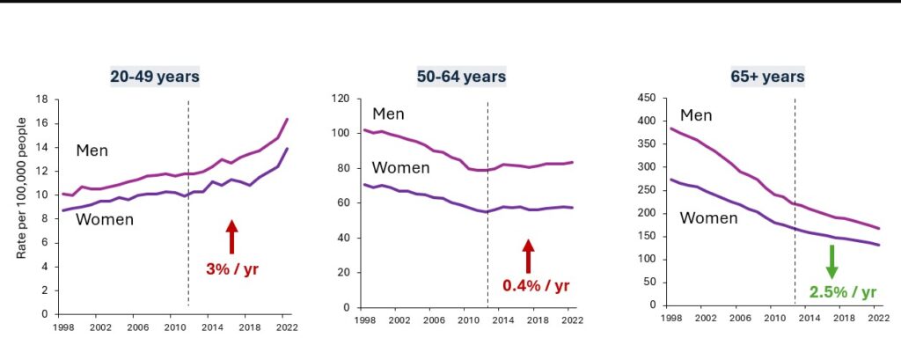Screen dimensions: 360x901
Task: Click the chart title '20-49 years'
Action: tap(155, 77)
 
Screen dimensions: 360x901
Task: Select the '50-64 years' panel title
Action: tap(461, 77)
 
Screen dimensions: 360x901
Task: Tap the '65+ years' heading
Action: tap(760, 77)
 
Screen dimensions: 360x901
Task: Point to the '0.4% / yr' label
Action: tap(537, 285)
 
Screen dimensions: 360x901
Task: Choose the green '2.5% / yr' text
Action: tap(843, 292)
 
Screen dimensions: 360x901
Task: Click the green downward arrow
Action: tap(831, 261)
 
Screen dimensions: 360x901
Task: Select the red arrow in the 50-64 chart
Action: tap(528, 255)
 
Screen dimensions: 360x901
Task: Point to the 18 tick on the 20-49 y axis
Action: tap(40, 99)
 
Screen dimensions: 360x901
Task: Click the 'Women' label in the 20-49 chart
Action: tap(104, 219)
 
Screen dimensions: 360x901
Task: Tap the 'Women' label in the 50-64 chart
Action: tap(401, 167)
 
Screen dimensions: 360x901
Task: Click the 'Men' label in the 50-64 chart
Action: tap(387, 114)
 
